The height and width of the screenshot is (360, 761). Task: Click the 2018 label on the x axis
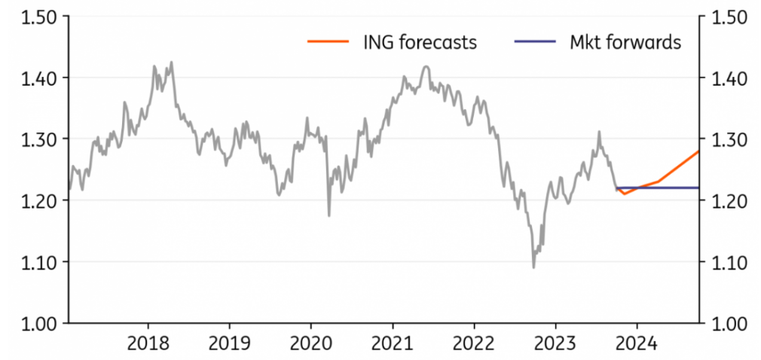click(148, 344)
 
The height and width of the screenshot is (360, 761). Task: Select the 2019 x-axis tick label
click(230, 344)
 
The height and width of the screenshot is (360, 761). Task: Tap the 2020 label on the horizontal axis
click(311, 344)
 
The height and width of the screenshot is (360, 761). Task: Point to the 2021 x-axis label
click(393, 344)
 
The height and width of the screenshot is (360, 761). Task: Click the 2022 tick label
click(474, 344)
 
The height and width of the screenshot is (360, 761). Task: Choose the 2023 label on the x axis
click(555, 344)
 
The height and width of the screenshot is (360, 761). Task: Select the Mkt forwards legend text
click(625, 42)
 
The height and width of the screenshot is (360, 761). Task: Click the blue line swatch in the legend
click(535, 42)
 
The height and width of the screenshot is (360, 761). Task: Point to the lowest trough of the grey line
click(533, 267)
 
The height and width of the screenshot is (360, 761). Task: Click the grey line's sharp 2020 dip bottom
click(329, 215)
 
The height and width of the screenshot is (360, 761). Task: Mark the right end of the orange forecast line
click(698, 151)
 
